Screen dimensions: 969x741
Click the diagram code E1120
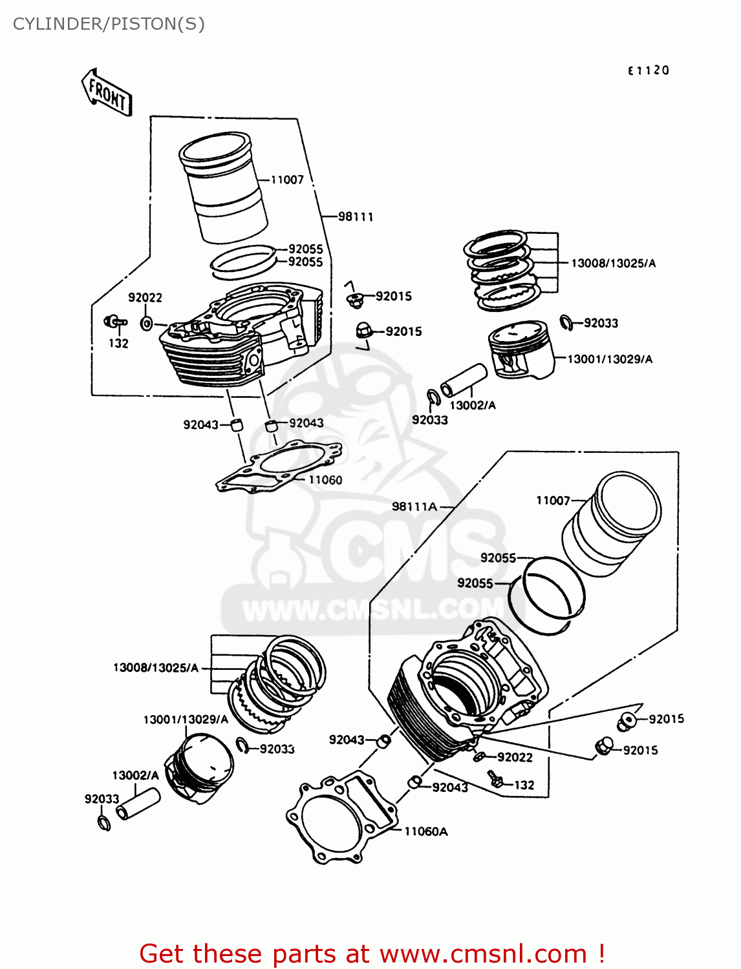point(648,70)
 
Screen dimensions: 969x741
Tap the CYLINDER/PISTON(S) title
point(109,24)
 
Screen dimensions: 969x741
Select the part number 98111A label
point(414,506)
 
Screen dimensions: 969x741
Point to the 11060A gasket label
point(425,831)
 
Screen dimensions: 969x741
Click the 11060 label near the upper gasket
point(325,479)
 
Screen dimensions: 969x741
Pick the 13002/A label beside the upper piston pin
point(472,405)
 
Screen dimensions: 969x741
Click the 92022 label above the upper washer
point(145,297)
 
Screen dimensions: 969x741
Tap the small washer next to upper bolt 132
point(147,323)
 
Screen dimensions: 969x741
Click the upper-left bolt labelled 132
point(114,321)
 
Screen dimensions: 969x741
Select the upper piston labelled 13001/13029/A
point(521,350)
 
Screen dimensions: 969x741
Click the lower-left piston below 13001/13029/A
point(198,768)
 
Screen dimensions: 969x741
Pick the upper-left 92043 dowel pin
point(237,424)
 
